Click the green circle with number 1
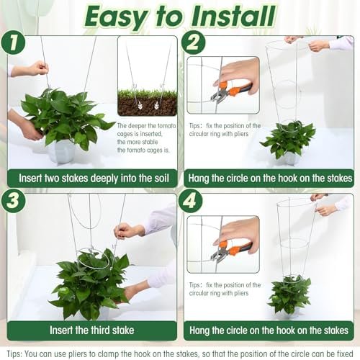(13, 42)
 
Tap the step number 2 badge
(193, 42)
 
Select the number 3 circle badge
(13, 201)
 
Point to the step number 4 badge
(190, 201)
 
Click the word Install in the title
(234, 16)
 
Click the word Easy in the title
(116, 17)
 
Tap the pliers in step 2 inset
(230, 91)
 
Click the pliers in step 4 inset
(230, 251)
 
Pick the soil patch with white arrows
(148, 103)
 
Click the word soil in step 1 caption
(160, 179)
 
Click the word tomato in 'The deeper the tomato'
(166, 126)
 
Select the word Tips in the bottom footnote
(14, 354)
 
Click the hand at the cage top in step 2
(319, 45)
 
